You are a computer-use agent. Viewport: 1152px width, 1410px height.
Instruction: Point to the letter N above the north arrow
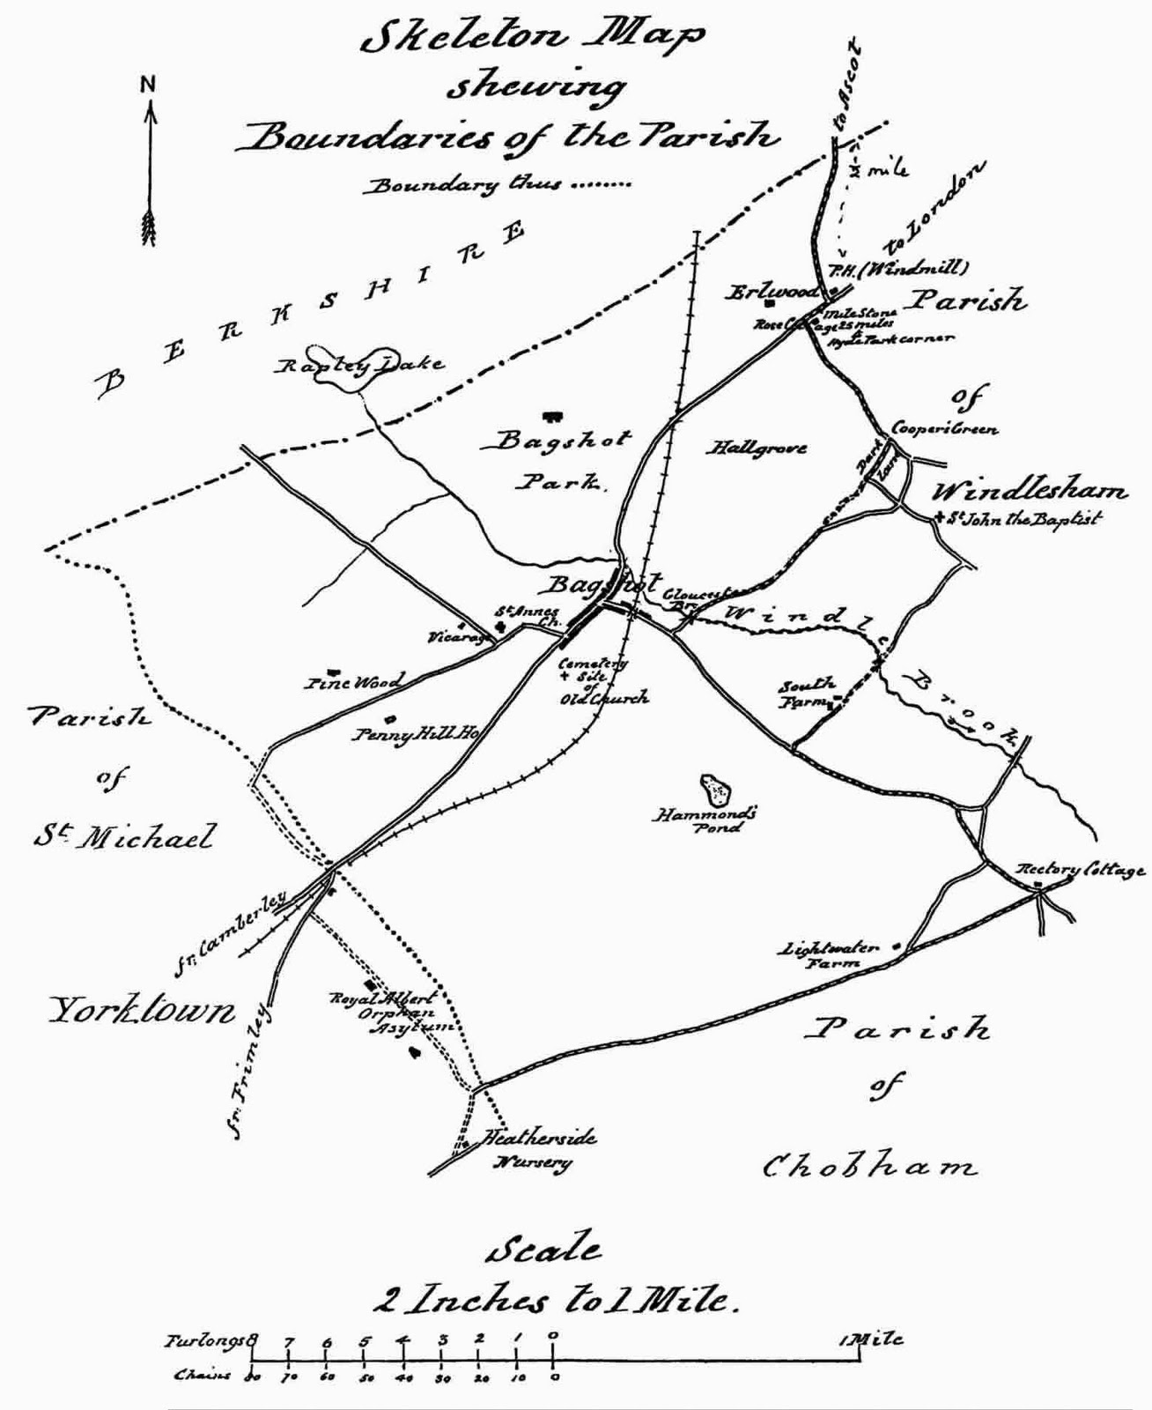147,85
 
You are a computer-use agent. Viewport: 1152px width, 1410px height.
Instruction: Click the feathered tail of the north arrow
149,226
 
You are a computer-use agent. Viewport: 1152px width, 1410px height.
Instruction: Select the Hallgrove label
757,448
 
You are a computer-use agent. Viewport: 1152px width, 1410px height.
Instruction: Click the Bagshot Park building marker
552,414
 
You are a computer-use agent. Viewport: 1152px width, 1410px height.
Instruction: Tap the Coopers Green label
944,429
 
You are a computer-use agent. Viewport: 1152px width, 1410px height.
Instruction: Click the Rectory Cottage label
1081,869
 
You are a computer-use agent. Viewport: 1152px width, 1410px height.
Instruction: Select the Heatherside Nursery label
536,1148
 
